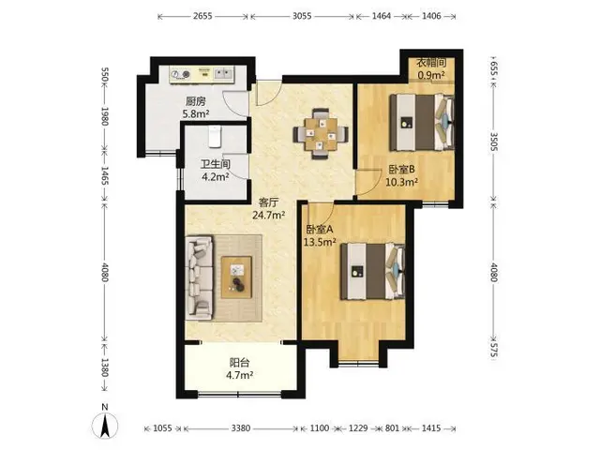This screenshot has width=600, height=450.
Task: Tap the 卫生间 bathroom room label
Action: [216, 165]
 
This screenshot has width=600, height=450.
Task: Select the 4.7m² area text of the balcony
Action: [240, 375]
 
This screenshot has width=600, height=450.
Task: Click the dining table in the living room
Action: [321, 134]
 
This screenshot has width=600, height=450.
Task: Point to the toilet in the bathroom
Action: [216, 137]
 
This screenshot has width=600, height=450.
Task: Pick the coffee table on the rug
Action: [236, 277]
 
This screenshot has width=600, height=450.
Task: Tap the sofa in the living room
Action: [200, 277]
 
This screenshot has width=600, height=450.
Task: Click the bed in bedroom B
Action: [422, 123]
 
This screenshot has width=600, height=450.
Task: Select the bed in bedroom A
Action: [373, 271]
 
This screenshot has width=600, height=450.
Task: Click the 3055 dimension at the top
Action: [302, 16]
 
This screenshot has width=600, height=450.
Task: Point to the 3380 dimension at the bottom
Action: [241, 428]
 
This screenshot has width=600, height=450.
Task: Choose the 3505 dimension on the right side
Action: [494, 142]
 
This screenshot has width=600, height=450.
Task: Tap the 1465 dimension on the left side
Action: [104, 175]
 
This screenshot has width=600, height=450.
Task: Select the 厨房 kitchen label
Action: [196, 101]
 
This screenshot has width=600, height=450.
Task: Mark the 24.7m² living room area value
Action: [268, 215]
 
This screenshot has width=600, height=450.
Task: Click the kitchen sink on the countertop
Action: [223, 73]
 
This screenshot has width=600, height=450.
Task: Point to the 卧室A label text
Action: [320, 229]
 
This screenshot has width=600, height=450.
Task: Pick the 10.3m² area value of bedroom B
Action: [401, 182]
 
